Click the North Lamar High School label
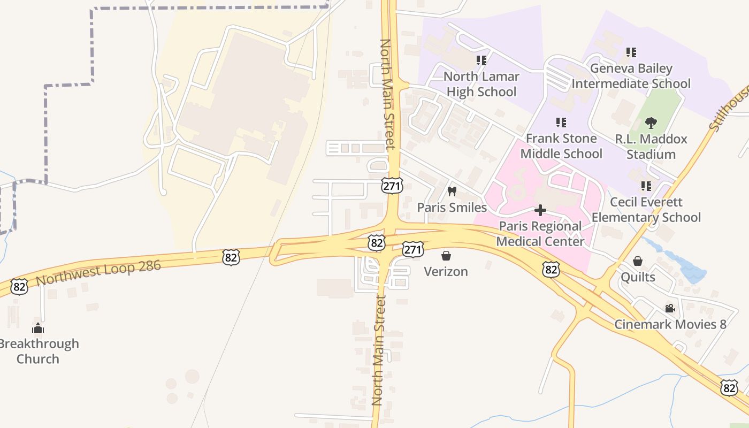click(481, 85)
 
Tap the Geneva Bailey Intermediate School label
click(631, 76)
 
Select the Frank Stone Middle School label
click(561, 146)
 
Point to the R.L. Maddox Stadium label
click(651, 147)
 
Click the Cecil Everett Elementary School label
click(646, 210)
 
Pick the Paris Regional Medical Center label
click(540, 234)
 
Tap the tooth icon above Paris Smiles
click(452, 191)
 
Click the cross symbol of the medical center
click(540, 210)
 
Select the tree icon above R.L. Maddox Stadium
click(651, 124)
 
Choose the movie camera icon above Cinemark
click(670, 308)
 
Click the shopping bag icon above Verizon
click(446, 256)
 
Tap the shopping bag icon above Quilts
click(638, 261)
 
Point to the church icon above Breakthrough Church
click(38, 327)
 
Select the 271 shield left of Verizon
click(413, 249)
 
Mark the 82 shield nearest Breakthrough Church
click(19, 287)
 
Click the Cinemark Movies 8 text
click(670, 324)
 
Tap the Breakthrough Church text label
click(38, 351)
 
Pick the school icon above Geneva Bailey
click(631, 52)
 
